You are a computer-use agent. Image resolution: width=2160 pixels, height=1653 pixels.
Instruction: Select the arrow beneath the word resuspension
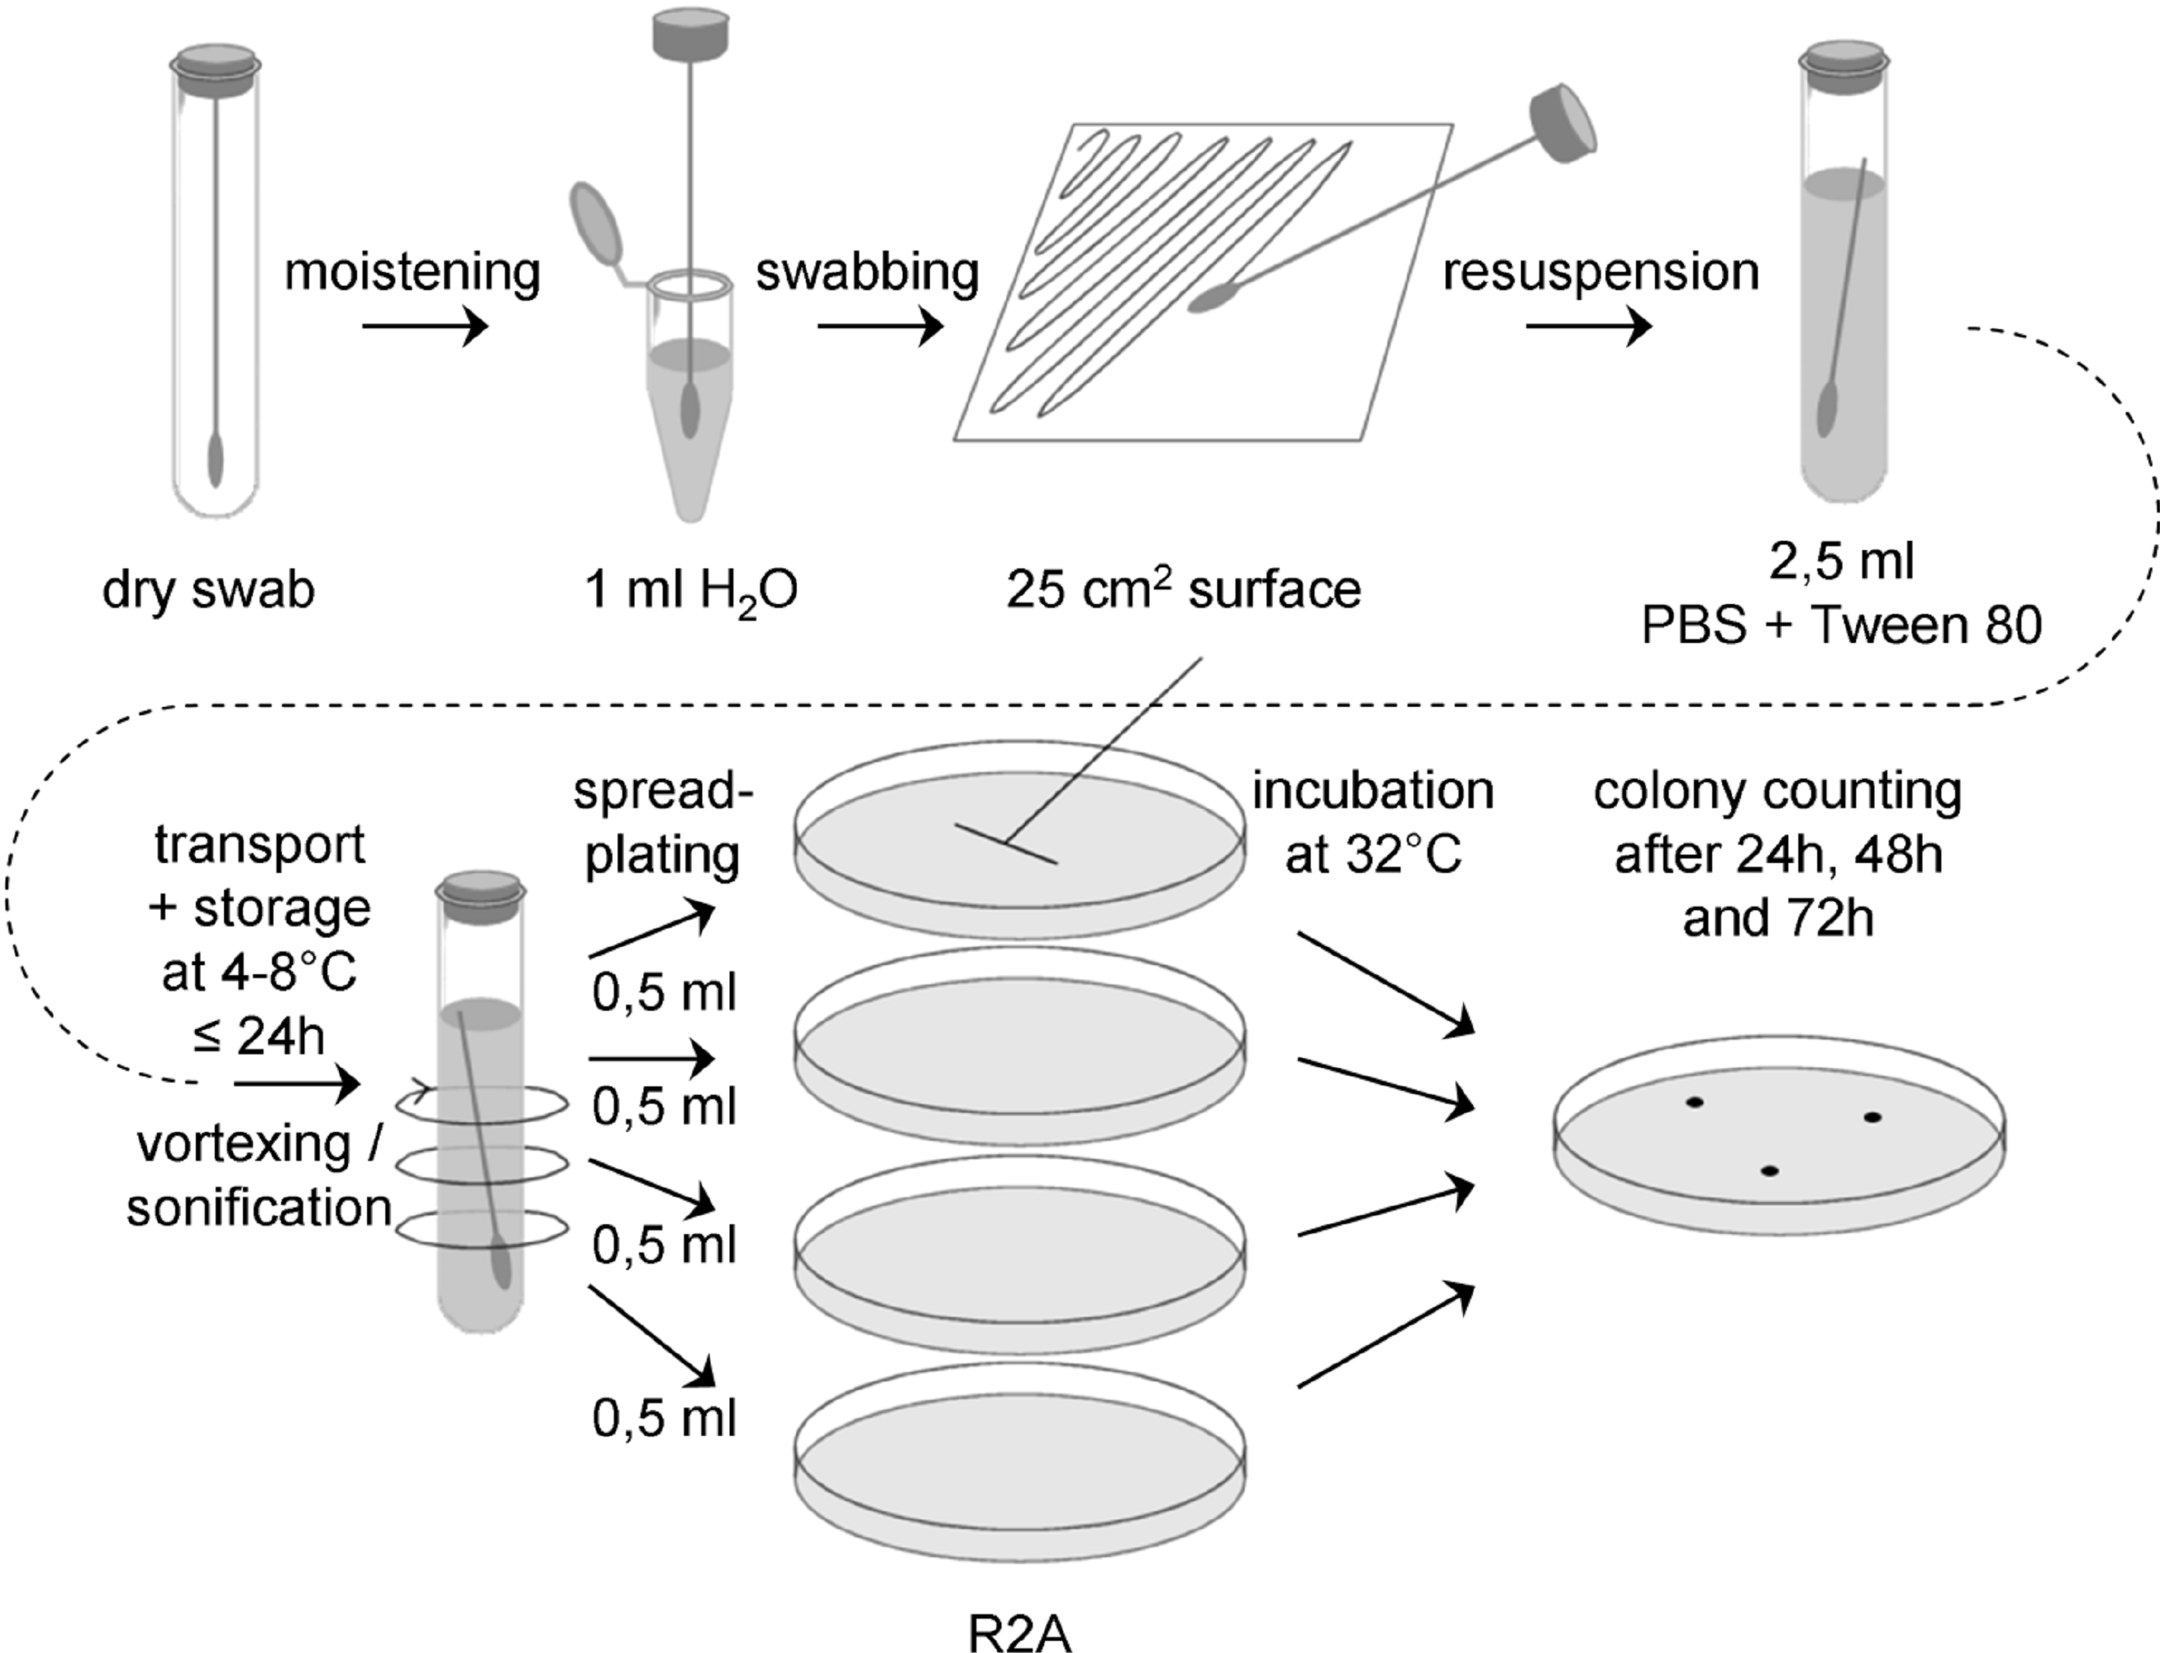click(x=1587, y=327)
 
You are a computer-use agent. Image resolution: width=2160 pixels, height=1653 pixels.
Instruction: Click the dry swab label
click(x=209, y=590)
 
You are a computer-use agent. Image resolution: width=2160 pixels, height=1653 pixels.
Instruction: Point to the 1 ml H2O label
click(x=691, y=591)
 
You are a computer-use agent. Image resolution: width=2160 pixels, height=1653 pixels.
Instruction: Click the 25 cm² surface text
click(x=1184, y=590)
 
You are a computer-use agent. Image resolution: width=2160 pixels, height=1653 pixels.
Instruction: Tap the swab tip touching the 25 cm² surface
click(x=1212, y=298)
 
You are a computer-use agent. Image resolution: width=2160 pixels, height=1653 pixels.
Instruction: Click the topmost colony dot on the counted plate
click(x=1694, y=1102)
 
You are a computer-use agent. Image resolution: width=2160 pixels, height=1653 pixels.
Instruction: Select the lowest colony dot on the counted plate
click(x=1769, y=1171)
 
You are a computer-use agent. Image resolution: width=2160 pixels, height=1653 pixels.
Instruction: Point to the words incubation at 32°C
click(x=1372, y=823)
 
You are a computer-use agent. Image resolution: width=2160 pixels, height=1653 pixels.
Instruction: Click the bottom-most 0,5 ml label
click(x=664, y=1418)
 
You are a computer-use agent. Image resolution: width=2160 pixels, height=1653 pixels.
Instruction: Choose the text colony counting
click(x=1778, y=791)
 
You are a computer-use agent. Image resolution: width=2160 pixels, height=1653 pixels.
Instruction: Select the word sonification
click(x=259, y=1207)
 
